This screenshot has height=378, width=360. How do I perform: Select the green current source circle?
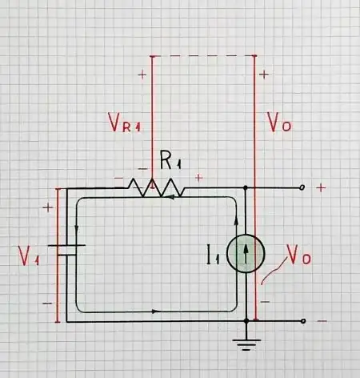click(x=245, y=255)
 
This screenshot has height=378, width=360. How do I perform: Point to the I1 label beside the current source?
click(x=213, y=256)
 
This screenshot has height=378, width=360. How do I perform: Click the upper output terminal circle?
click(x=303, y=188)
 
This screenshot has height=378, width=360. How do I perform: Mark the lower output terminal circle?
click(x=303, y=320)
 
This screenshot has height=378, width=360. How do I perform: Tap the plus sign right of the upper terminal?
click(x=321, y=187)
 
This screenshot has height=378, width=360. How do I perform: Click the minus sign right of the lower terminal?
click(x=321, y=320)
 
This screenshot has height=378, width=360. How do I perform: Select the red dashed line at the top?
click(x=203, y=56)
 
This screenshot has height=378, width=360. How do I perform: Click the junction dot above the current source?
click(x=246, y=188)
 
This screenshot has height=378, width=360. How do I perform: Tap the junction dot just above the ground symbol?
click(x=247, y=320)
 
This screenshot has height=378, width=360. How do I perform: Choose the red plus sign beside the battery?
click(x=46, y=207)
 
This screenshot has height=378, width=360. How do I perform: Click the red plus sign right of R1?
click(x=198, y=177)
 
